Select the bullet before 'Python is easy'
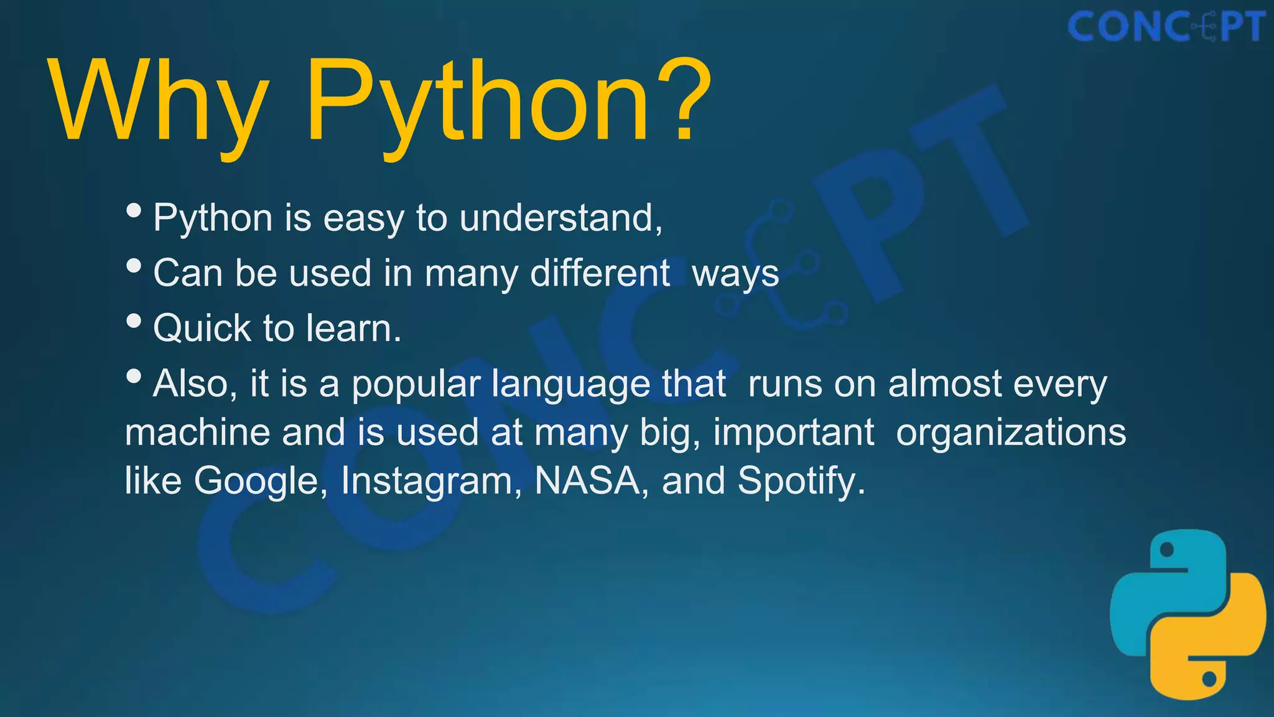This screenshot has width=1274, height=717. (x=134, y=210)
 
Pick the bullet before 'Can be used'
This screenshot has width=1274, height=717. (x=134, y=266)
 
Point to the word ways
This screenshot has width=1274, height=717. (x=735, y=274)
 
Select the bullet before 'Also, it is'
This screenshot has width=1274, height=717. (x=134, y=376)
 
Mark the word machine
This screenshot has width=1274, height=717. (x=197, y=432)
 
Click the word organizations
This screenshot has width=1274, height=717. (x=1011, y=432)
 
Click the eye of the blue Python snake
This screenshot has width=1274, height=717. (x=1167, y=550)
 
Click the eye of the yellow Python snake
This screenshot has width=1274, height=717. (x=1209, y=678)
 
